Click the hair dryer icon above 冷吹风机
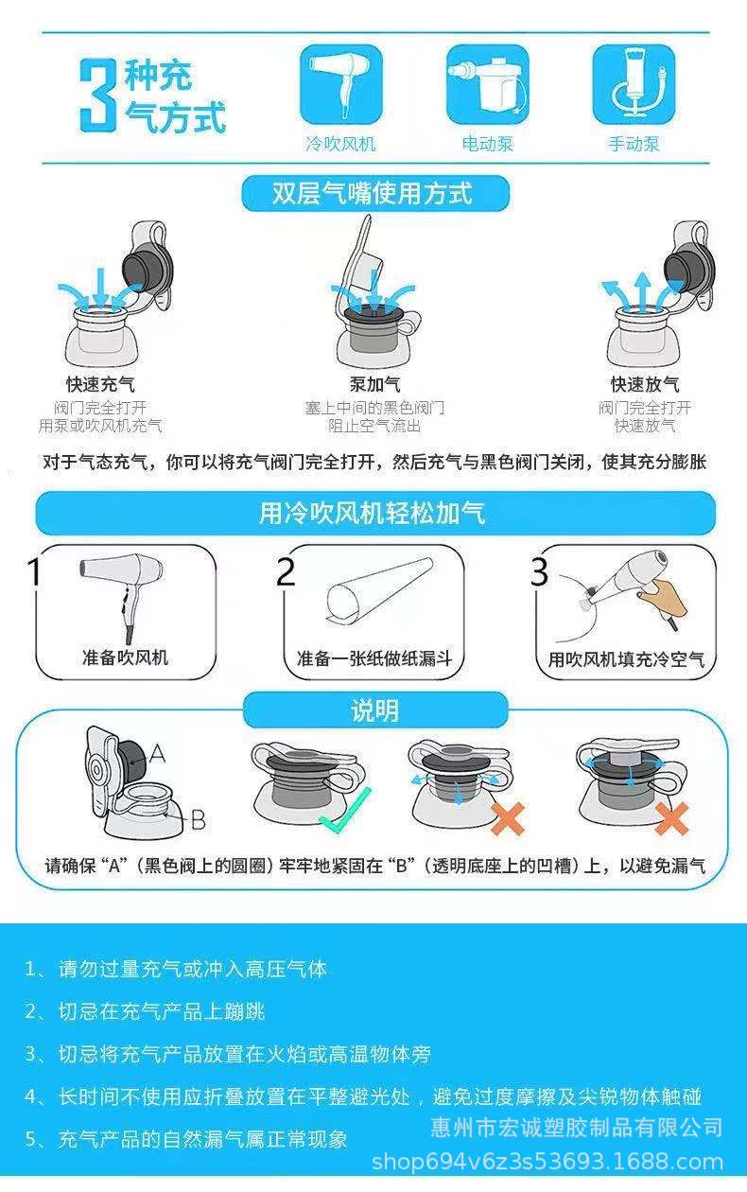tap(341, 84)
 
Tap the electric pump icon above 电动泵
tap(487, 84)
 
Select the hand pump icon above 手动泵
tap(634, 84)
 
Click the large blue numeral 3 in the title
tap(98, 96)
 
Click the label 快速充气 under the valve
tap(100, 384)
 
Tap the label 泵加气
tap(375, 384)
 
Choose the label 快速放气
tap(645, 384)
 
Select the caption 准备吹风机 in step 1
tap(126, 657)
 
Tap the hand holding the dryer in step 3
tap(662, 599)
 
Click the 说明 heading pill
tap(375, 710)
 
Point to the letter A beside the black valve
tap(158, 753)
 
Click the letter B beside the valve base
tap(198, 819)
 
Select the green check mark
tap(345, 810)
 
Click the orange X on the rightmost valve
tap(671, 818)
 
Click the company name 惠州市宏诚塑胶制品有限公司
tap(577, 1127)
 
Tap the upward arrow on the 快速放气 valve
tap(643, 291)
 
